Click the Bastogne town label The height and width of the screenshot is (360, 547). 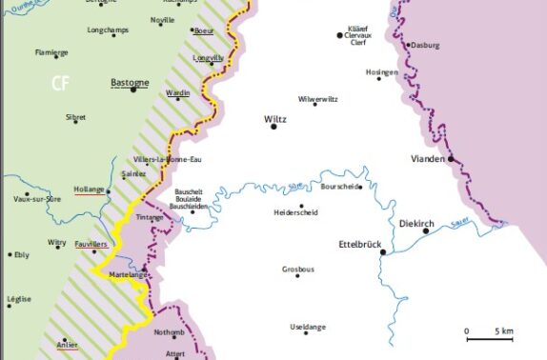130,82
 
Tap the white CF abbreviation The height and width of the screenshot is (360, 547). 62,84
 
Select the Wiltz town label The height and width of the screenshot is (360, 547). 273,118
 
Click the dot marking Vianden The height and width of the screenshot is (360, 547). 451,159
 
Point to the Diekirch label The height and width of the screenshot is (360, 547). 416,223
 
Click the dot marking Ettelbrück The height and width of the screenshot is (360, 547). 382,252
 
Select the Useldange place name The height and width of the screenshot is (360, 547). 307,327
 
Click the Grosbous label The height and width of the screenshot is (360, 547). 297,269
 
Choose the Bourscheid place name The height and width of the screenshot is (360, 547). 341,187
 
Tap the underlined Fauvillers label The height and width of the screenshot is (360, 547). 91,244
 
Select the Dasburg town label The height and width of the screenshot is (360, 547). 424,45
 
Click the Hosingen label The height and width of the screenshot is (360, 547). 381,71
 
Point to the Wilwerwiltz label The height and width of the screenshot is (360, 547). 320,99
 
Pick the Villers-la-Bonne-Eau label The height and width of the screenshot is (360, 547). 168,158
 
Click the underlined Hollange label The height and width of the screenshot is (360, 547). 89,190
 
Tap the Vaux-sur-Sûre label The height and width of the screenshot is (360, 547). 34,198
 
